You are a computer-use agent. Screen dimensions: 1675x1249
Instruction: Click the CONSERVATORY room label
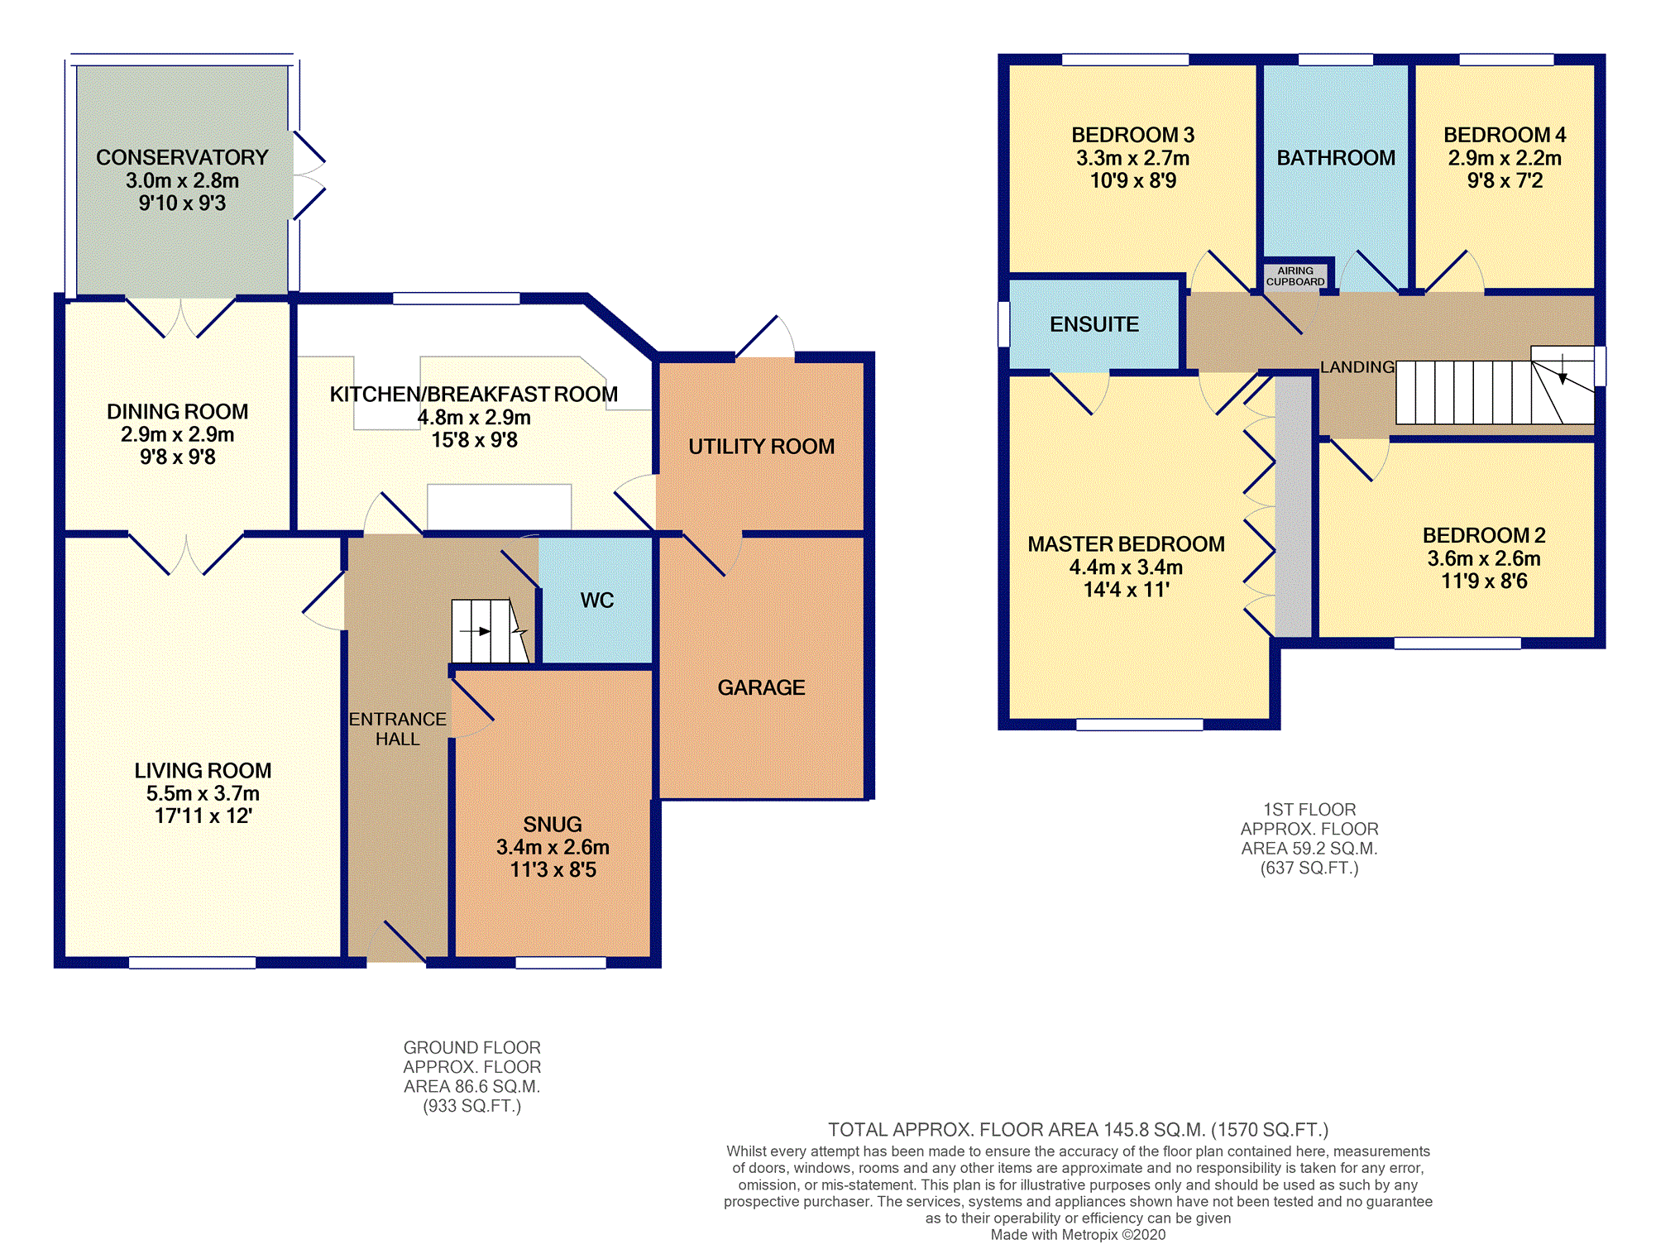[x=182, y=157]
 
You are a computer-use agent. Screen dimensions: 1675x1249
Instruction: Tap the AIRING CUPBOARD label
[x=1295, y=276]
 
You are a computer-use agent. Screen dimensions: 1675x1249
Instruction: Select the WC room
[x=596, y=601]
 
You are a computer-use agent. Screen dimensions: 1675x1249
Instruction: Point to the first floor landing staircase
[x=1496, y=385]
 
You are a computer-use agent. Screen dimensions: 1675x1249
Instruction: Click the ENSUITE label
[x=1094, y=324]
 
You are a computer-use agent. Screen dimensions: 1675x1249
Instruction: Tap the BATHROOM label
[x=1336, y=158]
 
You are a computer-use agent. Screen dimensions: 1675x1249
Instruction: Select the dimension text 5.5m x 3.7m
[x=203, y=793]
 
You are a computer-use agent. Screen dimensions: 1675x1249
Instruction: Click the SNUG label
[x=553, y=825]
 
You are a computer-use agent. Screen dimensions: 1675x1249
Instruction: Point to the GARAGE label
[x=761, y=687]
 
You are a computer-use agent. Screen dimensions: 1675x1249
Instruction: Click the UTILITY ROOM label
[x=761, y=447]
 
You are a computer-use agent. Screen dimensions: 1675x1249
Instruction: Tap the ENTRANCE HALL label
[x=398, y=729]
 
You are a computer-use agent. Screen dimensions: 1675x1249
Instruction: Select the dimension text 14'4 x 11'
[x=1126, y=590]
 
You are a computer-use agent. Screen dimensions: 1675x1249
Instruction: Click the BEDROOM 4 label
[x=1505, y=135]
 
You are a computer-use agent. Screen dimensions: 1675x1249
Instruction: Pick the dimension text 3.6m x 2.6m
[x=1484, y=558]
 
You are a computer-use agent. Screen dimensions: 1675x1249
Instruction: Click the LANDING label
[x=1357, y=367]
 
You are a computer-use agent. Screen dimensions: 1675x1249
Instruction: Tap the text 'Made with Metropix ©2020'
[x=1078, y=1235]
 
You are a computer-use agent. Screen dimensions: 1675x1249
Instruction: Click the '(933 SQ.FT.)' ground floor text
[x=472, y=1106]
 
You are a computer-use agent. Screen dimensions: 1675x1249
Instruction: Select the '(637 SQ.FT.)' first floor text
[x=1309, y=868]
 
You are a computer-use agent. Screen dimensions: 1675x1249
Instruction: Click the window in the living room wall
[x=193, y=962]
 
